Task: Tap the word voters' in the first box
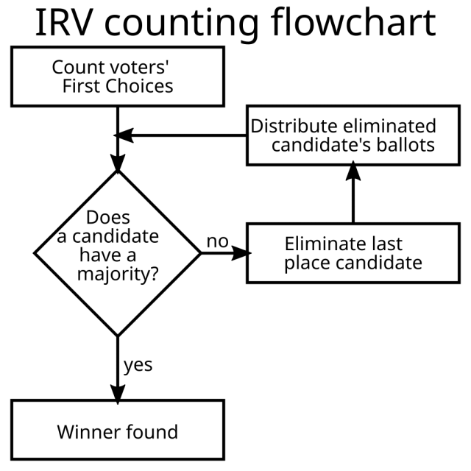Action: coord(131,67)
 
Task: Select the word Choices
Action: coord(140,86)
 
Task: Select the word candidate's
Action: coord(320,145)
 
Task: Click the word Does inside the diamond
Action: coord(107,218)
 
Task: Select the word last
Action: coord(386,244)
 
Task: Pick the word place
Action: coord(305,263)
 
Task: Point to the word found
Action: coord(151,431)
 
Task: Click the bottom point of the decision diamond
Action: coord(118,333)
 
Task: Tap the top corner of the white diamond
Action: coord(118,174)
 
